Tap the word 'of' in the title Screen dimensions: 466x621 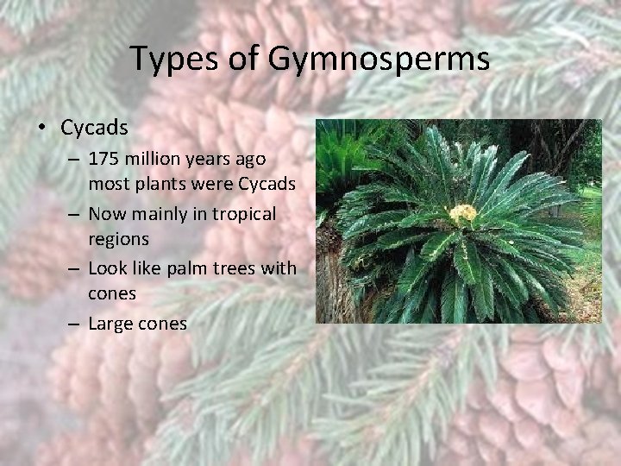[x=247, y=60]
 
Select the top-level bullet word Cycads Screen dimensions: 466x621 [x=94, y=128]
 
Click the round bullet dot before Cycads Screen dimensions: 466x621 [x=42, y=129]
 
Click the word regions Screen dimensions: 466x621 [x=118, y=239]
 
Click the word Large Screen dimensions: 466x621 [x=110, y=324]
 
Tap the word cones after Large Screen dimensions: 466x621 [x=162, y=324]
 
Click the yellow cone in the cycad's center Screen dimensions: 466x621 [x=463, y=213]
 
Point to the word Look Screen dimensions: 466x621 [x=108, y=268]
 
